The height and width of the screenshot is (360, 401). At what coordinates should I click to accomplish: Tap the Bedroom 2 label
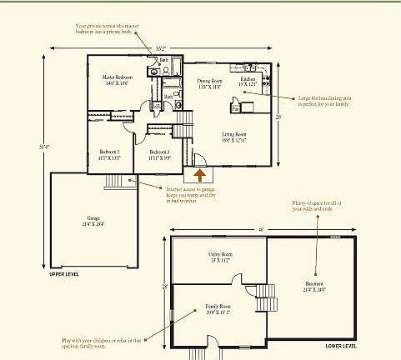click(109, 152)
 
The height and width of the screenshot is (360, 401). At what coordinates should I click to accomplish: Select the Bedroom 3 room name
click(159, 152)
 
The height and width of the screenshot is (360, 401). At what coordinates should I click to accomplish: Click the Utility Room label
click(220, 254)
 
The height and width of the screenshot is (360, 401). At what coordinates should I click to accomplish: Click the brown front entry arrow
click(200, 173)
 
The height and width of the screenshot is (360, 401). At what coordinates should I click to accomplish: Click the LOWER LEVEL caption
click(342, 344)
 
